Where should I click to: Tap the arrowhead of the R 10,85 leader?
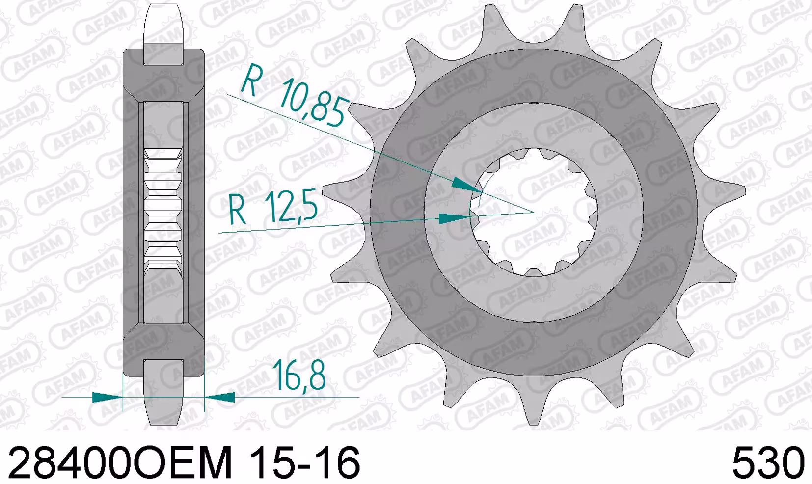tap(468, 186)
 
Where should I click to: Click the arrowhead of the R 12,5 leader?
tap(455, 218)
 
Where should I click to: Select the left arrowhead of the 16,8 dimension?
tap(108, 397)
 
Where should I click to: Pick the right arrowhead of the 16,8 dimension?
tap(220, 397)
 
